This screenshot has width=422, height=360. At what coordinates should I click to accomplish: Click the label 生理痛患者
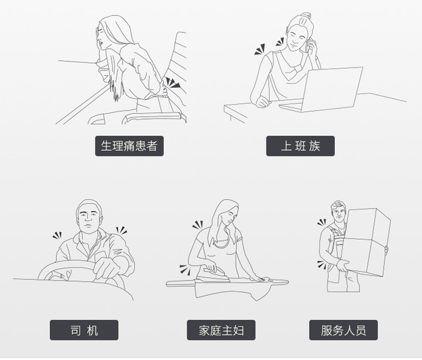point(129,146)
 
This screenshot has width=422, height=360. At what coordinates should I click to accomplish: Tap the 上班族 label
point(301,146)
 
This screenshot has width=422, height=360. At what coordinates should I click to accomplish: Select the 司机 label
point(84,330)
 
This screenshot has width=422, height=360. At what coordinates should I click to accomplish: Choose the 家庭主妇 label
point(221,330)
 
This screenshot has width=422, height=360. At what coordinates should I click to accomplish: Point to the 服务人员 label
point(343,330)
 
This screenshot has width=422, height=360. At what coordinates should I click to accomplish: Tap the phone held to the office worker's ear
point(308,45)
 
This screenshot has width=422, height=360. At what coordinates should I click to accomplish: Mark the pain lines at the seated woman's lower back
point(172,83)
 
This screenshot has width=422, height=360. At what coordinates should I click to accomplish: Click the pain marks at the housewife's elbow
point(185,269)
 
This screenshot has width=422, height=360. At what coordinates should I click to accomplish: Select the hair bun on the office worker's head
point(306,15)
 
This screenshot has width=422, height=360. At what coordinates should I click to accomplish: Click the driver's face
point(88,219)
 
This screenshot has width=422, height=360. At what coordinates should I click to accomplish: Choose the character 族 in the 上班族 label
point(314,146)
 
